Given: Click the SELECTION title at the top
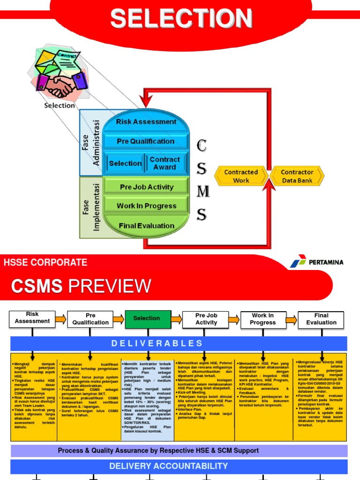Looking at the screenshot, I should (x=181, y=19).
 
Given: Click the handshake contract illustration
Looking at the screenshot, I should (x=59, y=75).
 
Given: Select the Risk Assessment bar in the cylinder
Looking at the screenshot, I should (x=146, y=122).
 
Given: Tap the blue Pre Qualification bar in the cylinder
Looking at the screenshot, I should (x=146, y=142).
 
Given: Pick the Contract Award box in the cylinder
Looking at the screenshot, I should (x=165, y=163).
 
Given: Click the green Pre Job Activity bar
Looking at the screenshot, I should (x=146, y=187).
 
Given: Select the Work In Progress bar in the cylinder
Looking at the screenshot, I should (x=146, y=206).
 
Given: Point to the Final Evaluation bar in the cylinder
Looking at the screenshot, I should (x=146, y=225).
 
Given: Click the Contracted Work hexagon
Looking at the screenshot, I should (x=241, y=176).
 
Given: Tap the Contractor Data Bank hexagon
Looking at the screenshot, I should (x=297, y=176).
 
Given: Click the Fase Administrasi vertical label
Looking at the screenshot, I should (x=91, y=142).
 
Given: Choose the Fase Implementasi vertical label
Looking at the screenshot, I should (x=91, y=206).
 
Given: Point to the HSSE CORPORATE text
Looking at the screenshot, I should (x=45, y=262).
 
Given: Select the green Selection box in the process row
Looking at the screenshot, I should (x=147, y=319).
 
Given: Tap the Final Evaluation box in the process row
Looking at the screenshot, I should (x=321, y=319).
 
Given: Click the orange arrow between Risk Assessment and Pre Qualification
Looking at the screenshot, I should (x=61, y=320).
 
